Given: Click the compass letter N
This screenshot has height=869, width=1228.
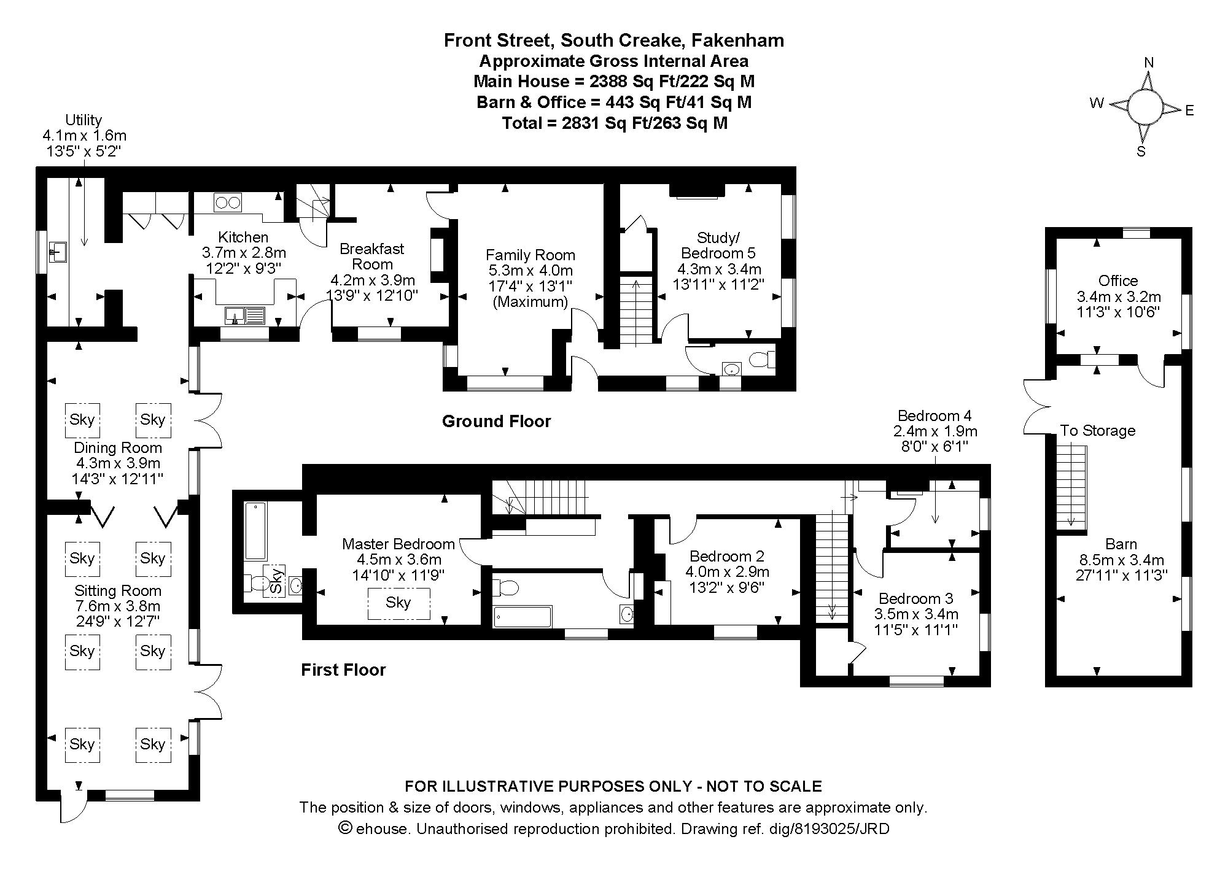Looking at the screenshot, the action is tap(1149, 63).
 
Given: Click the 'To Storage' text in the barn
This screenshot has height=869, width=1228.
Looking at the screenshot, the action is tap(1097, 431).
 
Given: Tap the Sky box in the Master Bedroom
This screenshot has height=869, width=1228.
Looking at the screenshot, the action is tap(398, 603).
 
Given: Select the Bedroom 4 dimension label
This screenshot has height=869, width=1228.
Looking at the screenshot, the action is tap(935, 430).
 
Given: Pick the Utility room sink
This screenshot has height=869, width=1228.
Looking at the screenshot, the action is tap(59, 252).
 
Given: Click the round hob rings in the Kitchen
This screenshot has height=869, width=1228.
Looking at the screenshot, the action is tap(228, 202).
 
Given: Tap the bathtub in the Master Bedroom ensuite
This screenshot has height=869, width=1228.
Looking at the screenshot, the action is tap(255, 531).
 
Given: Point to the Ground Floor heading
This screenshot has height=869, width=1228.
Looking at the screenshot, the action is tap(496, 421).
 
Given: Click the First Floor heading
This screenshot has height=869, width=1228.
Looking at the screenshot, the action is tap(343, 670).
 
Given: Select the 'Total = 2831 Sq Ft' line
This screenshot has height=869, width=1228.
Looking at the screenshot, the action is tap(614, 123).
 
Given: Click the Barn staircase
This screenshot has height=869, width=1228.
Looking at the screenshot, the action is tap(1071, 485).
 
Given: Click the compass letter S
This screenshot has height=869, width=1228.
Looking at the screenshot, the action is tap(1141, 152).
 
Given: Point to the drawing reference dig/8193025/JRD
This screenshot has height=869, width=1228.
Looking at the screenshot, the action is tap(828, 829).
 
